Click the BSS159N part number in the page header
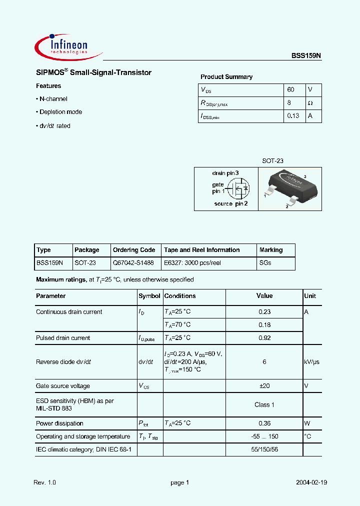306,56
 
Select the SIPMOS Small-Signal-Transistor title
93,73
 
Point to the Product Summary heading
226,77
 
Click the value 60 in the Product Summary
291,90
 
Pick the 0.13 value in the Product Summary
293,116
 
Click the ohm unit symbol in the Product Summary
310,103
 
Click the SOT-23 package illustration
289,187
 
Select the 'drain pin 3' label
225,173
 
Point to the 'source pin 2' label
230,204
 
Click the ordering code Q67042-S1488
133,263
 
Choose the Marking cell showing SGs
265,263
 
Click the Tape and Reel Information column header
202,250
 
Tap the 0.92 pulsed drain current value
264,338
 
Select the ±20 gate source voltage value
264,386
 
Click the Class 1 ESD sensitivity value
264,404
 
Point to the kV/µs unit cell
311,362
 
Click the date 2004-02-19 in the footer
311,482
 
